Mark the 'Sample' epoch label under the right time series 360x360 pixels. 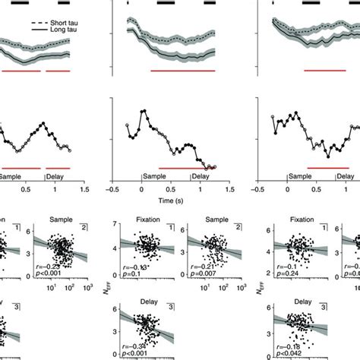(301, 176)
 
